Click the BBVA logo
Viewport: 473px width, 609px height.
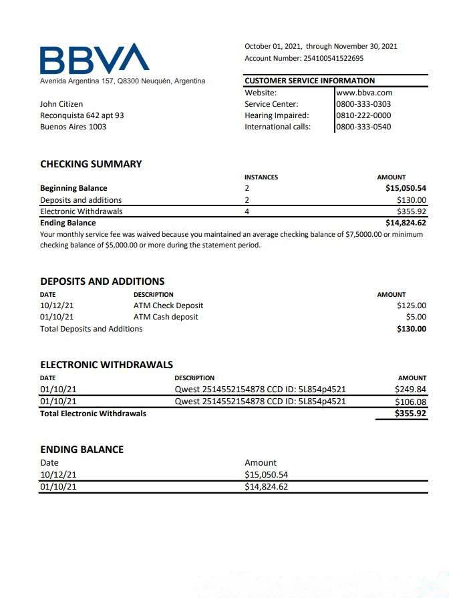point(94,59)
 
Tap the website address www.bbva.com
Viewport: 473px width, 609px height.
point(364,93)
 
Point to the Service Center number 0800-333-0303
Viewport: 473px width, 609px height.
point(364,104)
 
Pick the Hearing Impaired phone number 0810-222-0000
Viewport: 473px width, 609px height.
point(364,115)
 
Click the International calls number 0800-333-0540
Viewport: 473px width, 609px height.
point(364,127)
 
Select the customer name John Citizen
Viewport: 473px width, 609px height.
point(61,104)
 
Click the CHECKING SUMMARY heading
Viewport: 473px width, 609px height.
point(91,164)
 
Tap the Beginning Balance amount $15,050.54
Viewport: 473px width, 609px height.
point(406,188)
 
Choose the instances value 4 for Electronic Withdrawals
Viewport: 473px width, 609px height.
point(247,211)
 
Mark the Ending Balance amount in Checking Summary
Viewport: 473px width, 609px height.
point(406,223)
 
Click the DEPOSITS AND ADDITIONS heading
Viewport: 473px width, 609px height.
point(102,281)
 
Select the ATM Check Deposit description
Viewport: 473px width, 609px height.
point(168,306)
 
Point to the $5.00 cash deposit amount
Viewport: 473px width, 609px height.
point(416,317)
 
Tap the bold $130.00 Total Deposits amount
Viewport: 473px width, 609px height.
point(411,329)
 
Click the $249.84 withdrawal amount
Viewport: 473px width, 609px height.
point(410,390)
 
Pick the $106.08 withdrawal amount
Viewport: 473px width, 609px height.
point(410,402)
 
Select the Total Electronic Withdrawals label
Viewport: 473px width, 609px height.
point(93,414)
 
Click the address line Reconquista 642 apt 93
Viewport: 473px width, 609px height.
point(82,115)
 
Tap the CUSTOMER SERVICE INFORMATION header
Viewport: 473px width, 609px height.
point(310,81)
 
